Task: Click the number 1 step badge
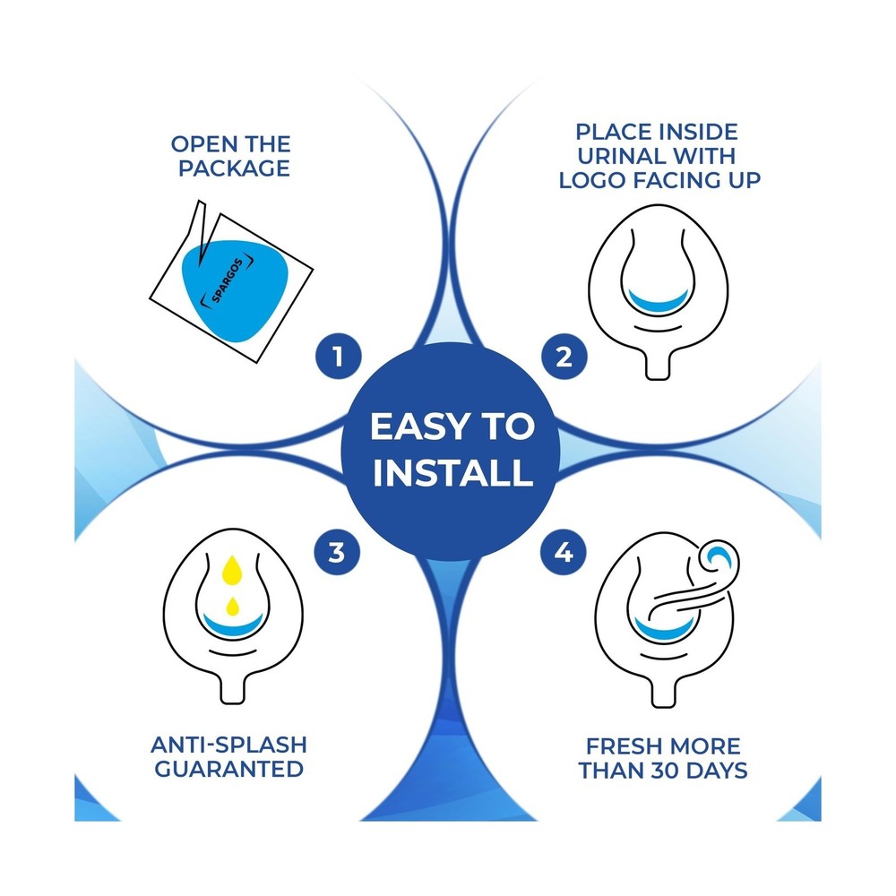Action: click(x=339, y=356)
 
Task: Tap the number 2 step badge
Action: click(x=564, y=356)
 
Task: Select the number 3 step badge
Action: click(x=337, y=552)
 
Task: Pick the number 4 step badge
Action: click(x=564, y=552)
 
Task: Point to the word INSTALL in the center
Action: click(x=452, y=472)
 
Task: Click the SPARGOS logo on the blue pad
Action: click(x=228, y=281)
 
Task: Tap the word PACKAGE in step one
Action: click(x=234, y=168)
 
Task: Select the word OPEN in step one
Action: click(x=202, y=144)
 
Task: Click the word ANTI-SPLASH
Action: click(x=229, y=745)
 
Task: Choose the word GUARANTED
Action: click(x=229, y=769)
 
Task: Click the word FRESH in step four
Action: click(x=622, y=746)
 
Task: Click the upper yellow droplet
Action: click(x=232, y=569)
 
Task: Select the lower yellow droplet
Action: click(x=232, y=607)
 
